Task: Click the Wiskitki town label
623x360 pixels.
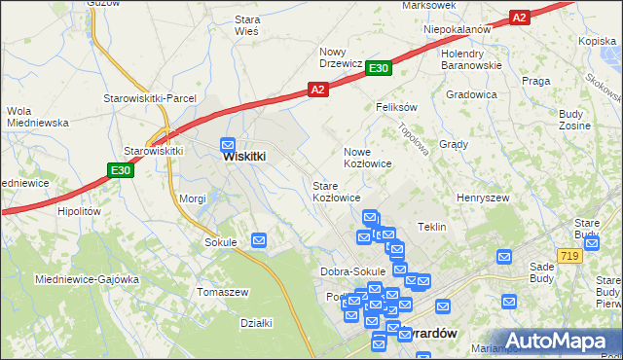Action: [244, 156]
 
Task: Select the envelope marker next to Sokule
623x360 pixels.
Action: [259, 240]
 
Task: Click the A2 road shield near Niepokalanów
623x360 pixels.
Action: [519, 18]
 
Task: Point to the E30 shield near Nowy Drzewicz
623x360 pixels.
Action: [380, 67]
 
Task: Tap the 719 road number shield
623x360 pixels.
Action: [570, 254]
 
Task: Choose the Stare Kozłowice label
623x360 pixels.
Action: [337, 191]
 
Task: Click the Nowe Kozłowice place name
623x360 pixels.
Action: [368, 158]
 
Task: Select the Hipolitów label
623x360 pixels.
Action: [80, 210]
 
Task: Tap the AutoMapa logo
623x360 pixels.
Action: [558, 340]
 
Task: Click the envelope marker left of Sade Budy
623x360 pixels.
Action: [504, 257]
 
